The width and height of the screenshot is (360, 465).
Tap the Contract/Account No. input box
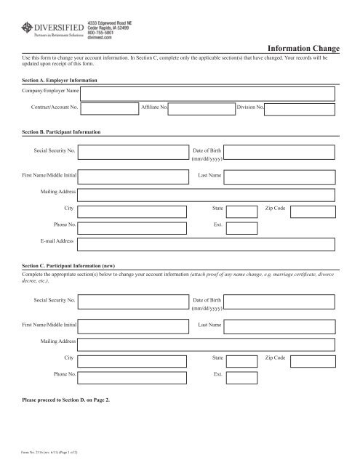[109, 109]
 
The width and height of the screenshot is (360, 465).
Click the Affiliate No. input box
[201, 109]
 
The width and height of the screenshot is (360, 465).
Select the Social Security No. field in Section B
[132, 152]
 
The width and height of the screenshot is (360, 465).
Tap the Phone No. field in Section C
[132, 375]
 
